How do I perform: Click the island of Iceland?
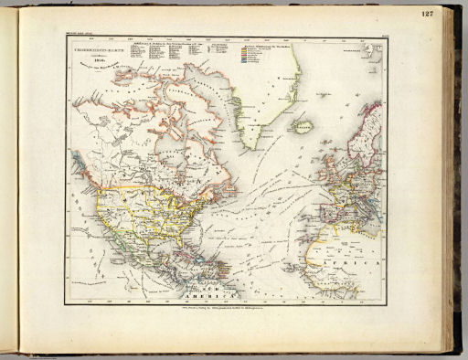[301, 126]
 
